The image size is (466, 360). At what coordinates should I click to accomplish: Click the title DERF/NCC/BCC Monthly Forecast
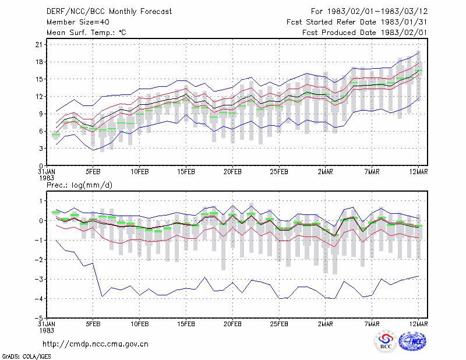(109, 12)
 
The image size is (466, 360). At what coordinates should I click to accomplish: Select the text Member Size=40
(78, 22)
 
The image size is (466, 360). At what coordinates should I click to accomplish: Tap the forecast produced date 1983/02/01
(404, 33)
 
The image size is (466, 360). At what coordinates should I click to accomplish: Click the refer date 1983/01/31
(404, 22)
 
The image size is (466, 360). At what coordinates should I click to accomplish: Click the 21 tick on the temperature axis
(39, 45)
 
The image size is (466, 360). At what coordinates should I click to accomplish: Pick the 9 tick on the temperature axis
(41, 114)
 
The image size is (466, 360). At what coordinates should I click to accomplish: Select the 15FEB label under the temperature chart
(186, 172)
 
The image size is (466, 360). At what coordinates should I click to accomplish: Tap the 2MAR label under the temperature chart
(326, 172)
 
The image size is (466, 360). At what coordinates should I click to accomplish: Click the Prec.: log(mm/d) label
(80, 185)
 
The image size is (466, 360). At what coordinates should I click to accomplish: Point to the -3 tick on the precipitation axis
(39, 279)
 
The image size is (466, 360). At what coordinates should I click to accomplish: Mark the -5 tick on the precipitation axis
(39, 318)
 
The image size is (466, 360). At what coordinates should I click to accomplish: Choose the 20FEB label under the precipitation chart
(232, 324)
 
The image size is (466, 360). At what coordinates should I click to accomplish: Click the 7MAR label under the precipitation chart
(372, 324)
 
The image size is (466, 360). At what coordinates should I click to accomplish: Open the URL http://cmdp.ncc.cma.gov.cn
(96, 344)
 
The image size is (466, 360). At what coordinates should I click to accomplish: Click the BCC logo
(386, 341)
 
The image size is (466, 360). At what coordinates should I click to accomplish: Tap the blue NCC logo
(412, 341)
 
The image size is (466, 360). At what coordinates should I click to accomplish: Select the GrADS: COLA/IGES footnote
(26, 357)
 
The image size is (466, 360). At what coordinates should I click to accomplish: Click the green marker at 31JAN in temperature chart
(56, 135)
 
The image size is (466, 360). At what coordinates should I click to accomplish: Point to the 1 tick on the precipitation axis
(41, 201)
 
